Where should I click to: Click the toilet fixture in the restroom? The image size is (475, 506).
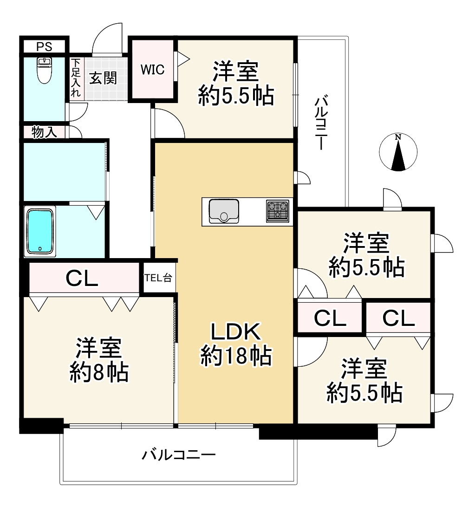pos(45,70)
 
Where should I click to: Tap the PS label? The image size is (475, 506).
pos(44,46)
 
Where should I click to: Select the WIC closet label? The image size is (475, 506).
pos(153,70)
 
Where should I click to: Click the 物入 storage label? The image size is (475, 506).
pos(45,132)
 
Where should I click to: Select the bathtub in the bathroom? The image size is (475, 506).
pos(40,231)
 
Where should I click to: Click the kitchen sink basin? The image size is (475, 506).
pos(224,211)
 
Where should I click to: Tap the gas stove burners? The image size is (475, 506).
pos(278,211)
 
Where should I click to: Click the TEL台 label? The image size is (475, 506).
pos(158,278)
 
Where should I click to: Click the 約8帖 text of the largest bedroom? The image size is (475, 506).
pos(99,372)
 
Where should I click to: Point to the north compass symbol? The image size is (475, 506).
pos(398,152)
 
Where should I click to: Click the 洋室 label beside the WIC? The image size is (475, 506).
pos(235,72)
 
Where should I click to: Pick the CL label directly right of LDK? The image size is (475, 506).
pos(330,318)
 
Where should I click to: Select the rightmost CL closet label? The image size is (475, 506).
pos(399,318)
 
